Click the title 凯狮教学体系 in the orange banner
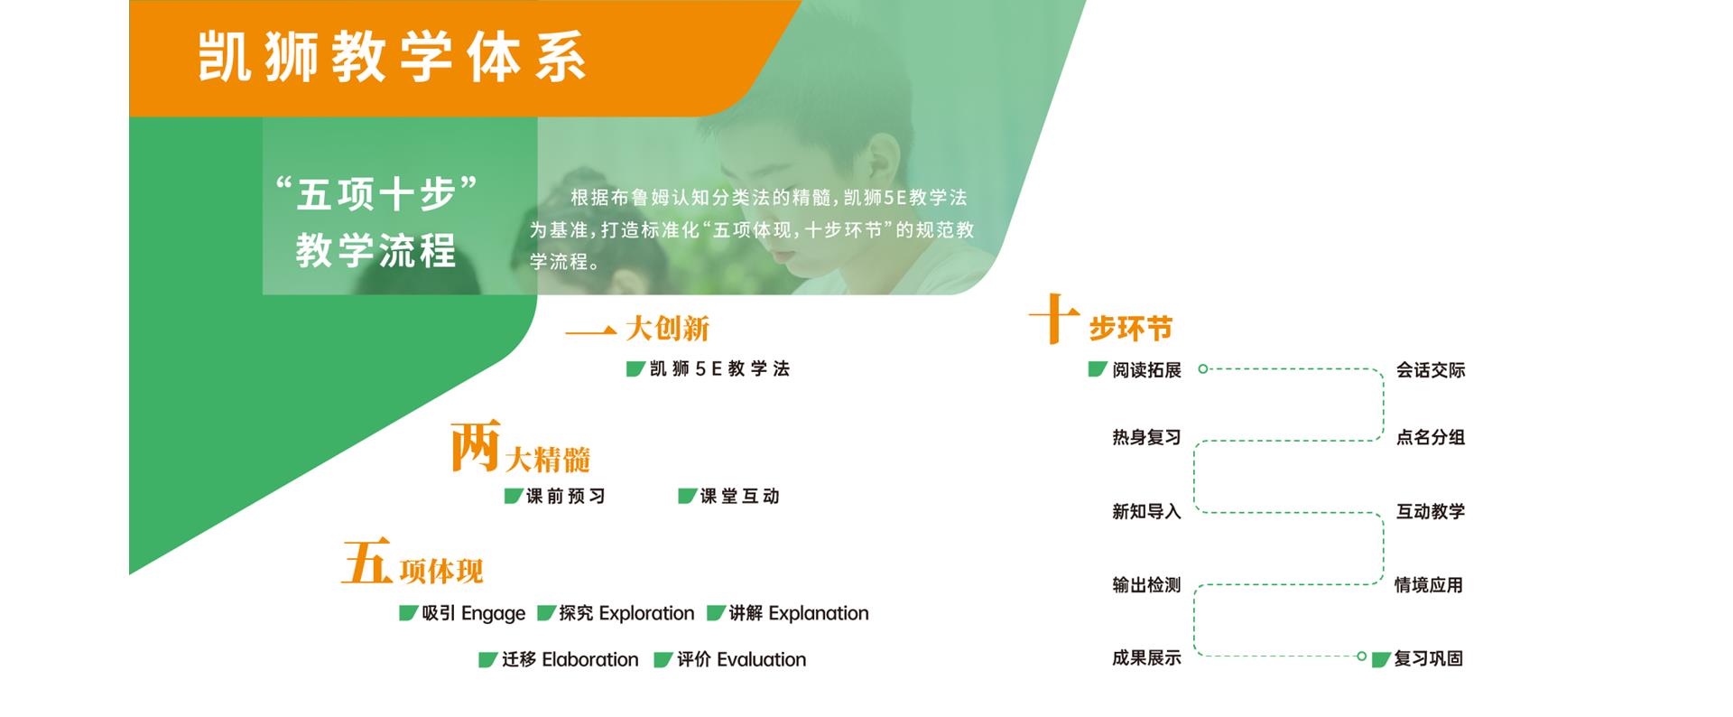(x=392, y=57)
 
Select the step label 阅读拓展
(x=1146, y=370)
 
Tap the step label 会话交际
(x=1431, y=370)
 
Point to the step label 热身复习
(x=1146, y=437)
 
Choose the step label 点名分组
(x=1431, y=437)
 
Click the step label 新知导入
(x=1146, y=512)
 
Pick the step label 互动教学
(x=1431, y=512)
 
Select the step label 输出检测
(x=1146, y=585)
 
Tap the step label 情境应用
(x=1429, y=585)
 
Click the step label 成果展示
(x=1146, y=658)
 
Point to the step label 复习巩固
(x=1429, y=658)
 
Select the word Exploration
(x=647, y=613)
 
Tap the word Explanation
(x=819, y=613)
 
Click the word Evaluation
(x=762, y=660)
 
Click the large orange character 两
(x=475, y=446)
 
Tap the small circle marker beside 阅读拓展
(x=1202, y=368)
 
